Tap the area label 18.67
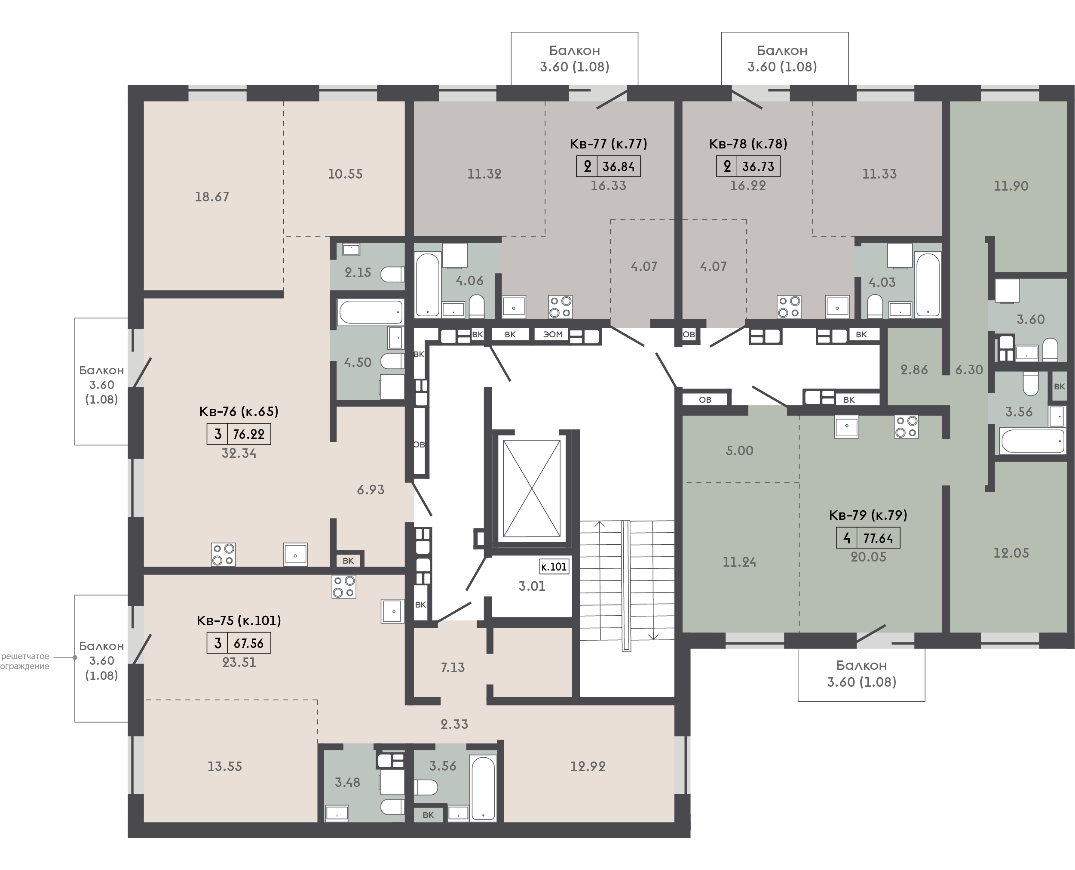point(212,197)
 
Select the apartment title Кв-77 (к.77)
point(608,144)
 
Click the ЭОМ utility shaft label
point(553,334)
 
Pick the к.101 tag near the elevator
point(554,567)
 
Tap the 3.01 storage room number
point(532,586)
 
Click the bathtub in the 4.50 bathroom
point(371,312)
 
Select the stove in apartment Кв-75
point(343,587)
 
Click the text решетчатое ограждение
point(25,661)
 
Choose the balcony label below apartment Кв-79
point(861,673)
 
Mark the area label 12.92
point(588,767)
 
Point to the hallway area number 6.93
point(371,490)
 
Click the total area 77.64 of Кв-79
point(878,538)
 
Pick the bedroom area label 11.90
point(1011,186)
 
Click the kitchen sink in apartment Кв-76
point(295,555)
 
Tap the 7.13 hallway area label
point(453,667)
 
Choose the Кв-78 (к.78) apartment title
point(748,144)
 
